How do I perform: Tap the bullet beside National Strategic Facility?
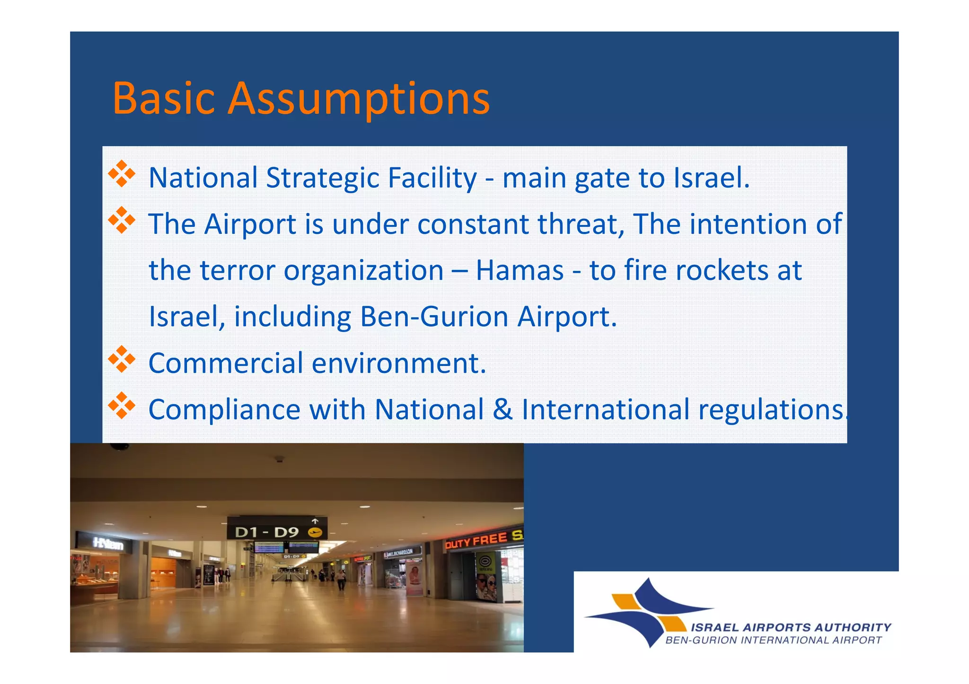(x=122, y=174)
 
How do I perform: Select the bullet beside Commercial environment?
(x=122, y=359)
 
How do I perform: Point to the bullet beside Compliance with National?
(x=122, y=406)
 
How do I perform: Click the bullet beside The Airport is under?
(x=122, y=220)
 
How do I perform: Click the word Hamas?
(x=520, y=270)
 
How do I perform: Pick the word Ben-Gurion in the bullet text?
(x=433, y=317)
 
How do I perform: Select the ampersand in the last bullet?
(x=502, y=409)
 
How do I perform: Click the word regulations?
(x=771, y=409)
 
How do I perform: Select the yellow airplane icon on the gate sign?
(x=315, y=533)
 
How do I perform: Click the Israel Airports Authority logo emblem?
(x=648, y=612)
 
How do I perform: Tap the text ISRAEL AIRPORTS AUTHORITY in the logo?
(x=791, y=628)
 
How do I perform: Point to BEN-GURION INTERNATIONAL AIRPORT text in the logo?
(x=773, y=641)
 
